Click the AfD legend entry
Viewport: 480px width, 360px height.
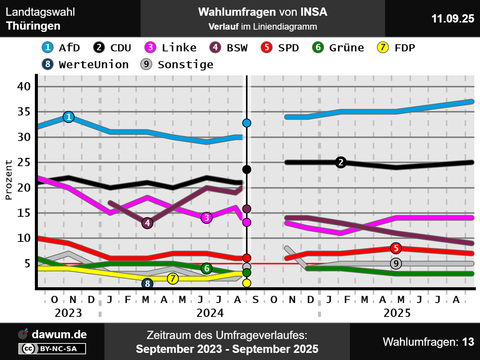[61, 48]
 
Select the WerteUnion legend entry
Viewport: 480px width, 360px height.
[85, 64]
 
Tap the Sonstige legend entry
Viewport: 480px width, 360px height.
[177, 64]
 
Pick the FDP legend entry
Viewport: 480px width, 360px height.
[396, 48]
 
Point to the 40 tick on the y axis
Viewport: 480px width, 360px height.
[24, 87]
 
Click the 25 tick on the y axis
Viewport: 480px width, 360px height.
[24, 162]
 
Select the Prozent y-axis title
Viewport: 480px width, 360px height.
[8, 180]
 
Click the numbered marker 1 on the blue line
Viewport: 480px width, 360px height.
[69, 117]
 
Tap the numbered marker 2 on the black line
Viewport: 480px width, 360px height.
[341, 162]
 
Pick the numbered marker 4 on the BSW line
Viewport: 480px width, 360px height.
[147, 223]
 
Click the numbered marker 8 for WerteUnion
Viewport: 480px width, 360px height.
[147, 283]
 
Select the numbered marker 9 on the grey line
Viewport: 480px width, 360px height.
[396, 264]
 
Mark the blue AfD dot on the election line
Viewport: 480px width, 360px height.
[247, 123]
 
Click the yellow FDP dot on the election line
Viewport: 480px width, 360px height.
[247, 283]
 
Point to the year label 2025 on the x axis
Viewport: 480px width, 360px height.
[397, 313]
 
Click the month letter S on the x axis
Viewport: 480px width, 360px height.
[256, 300]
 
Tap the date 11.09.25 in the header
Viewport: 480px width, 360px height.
[453, 18]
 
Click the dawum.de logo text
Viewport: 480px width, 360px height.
[59, 334]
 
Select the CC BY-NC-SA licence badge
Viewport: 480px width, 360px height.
[52, 349]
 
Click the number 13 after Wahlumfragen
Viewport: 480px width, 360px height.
[468, 342]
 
